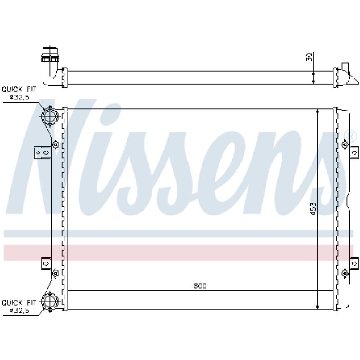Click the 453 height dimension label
[313, 208]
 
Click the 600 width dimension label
[200, 286]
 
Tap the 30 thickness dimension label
[309, 57]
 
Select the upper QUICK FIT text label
[19, 89]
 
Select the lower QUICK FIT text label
[19, 302]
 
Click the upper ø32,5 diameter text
[19, 97]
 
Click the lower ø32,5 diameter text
[19, 311]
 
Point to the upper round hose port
[50, 116]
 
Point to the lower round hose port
[50, 301]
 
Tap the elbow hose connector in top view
[51, 67]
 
